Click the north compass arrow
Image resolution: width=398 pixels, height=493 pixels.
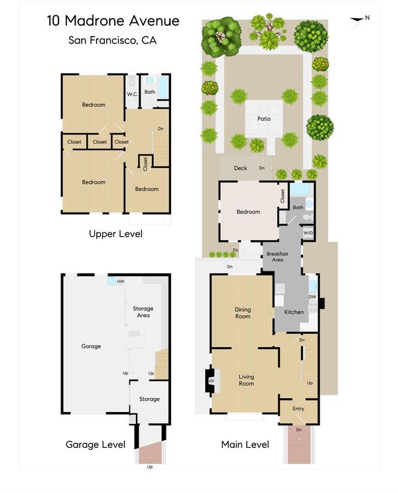click(x=357, y=21)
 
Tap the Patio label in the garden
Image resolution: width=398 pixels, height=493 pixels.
click(x=264, y=119)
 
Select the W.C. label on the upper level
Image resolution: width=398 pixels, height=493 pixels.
click(x=132, y=94)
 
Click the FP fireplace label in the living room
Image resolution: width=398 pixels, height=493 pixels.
click(x=212, y=381)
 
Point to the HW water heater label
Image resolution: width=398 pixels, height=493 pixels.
click(x=121, y=281)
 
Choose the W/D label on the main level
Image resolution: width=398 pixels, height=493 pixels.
click(x=308, y=233)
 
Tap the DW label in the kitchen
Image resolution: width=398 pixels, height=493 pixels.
click(x=312, y=297)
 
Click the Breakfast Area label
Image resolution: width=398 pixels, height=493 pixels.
click(x=277, y=257)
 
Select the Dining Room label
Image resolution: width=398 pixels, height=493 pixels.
click(x=243, y=313)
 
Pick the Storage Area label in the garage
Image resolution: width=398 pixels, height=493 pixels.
click(x=143, y=312)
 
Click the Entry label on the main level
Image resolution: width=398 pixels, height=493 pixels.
click(x=298, y=409)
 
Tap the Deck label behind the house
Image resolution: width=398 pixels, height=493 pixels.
click(x=241, y=168)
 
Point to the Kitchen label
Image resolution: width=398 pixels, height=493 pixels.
click(x=294, y=312)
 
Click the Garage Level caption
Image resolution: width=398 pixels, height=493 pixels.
click(x=96, y=445)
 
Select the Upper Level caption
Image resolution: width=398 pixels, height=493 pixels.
click(x=115, y=234)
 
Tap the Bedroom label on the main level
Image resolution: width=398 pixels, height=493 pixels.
click(x=248, y=212)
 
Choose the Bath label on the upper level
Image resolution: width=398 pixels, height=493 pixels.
click(x=150, y=92)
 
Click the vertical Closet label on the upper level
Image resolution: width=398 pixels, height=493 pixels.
click(x=145, y=164)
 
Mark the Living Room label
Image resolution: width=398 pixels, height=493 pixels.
click(x=246, y=380)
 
